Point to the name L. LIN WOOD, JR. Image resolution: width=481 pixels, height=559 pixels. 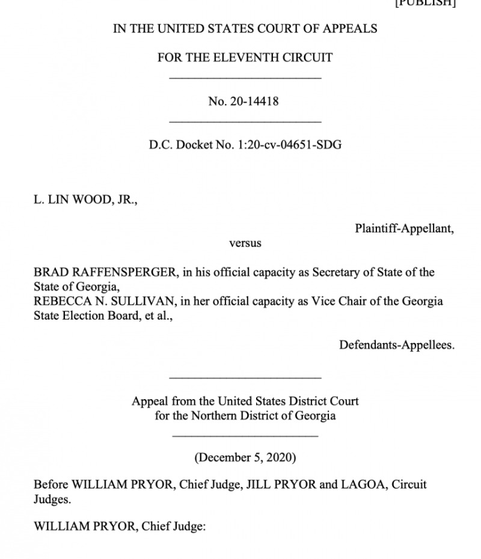85,200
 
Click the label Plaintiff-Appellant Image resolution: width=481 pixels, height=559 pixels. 404,228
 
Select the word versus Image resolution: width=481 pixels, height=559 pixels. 245,243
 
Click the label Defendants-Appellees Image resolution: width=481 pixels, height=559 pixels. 397,345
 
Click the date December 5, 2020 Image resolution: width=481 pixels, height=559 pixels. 245,457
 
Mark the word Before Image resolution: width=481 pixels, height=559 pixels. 51,484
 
